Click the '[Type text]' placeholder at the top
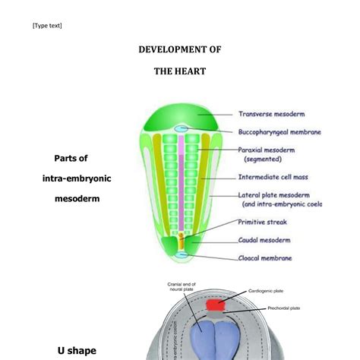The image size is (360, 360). [47, 26]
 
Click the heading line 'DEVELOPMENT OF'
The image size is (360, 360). [179, 50]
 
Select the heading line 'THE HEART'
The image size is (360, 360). [179, 72]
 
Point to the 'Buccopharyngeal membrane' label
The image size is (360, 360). [279, 132]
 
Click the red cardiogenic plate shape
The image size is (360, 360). [216, 304]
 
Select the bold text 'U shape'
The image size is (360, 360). [77, 350]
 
